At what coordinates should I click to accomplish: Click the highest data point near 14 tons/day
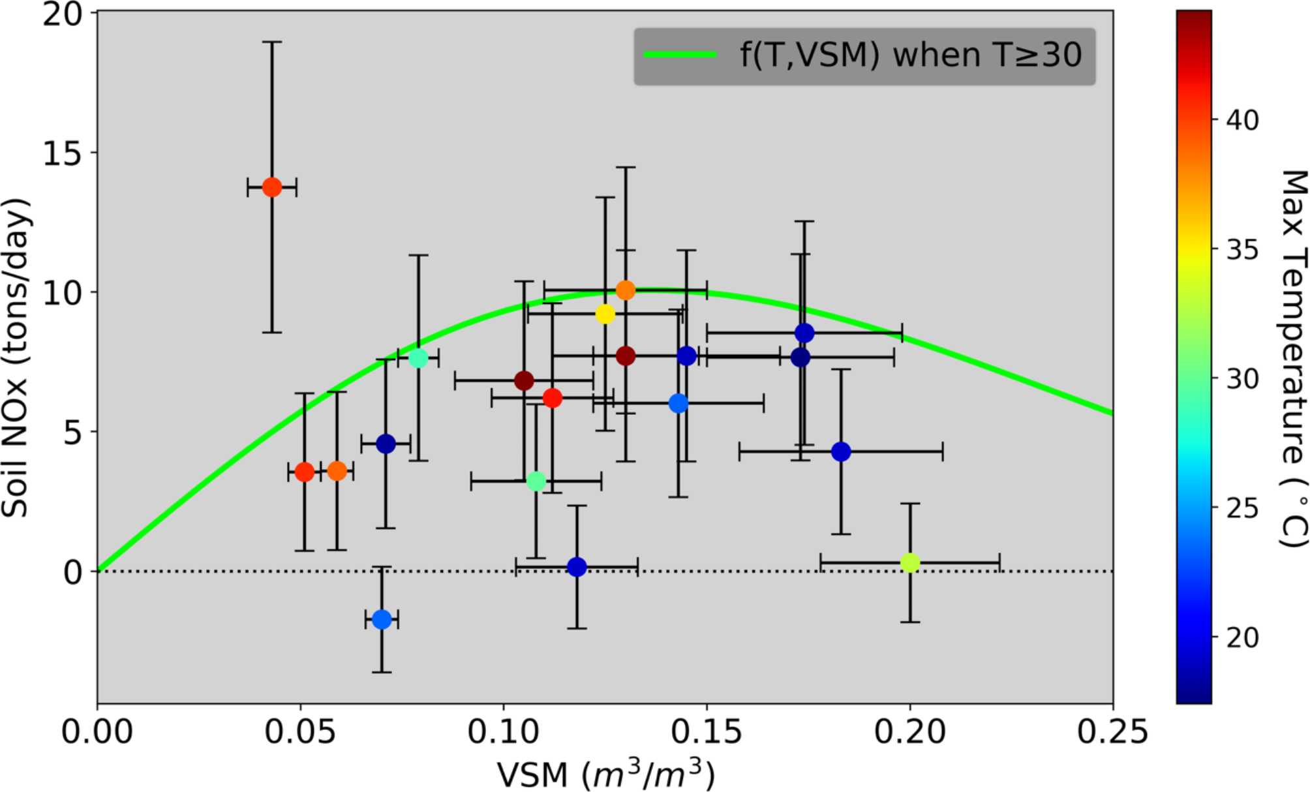click(x=272, y=187)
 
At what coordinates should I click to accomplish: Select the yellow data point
click(x=605, y=314)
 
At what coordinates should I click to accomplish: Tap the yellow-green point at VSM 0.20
click(x=910, y=562)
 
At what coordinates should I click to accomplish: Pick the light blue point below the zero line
click(x=382, y=619)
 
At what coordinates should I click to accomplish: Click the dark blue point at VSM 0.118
click(x=577, y=567)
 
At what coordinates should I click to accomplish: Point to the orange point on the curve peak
click(x=626, y=290)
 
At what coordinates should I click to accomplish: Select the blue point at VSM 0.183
click(x=841, y=451)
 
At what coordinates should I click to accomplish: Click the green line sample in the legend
click(x=680, y=55)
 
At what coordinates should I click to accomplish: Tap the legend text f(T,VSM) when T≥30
click(x=910, y=55)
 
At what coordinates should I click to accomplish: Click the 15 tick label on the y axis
click(x=62, y=153)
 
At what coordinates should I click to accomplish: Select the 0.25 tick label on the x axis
click(x=1112, y=732)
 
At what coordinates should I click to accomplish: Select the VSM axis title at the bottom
click(x=605, y=774)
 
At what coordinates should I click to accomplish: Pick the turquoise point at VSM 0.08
click(x=418, y=358)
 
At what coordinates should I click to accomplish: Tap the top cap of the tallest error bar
click(x=272, y=42)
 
